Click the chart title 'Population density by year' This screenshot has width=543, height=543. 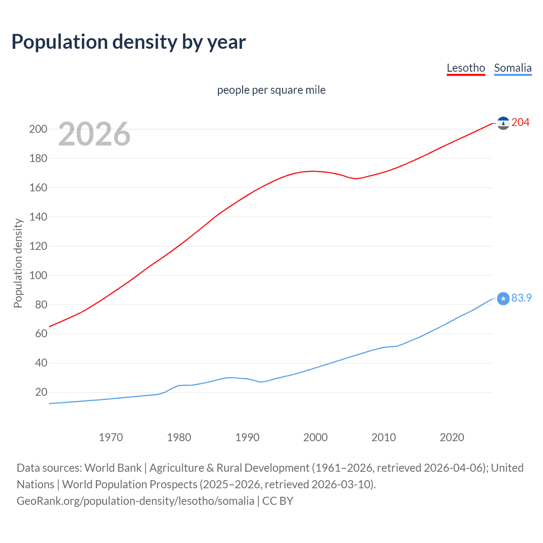[129, 42]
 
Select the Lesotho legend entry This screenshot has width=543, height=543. [466, 68]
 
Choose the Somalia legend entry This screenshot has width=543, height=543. [512, 68]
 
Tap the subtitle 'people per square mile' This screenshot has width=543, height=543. [271, 90]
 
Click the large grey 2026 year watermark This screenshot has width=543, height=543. [94, 134]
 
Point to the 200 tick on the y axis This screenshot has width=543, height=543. [38, 129]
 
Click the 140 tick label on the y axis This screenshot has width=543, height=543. [38, 217]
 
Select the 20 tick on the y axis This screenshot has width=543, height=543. [41, 392]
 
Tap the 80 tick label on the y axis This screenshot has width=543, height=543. [41, 305]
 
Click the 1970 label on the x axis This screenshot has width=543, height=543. [111, 437]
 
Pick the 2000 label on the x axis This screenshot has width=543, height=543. [315, 437]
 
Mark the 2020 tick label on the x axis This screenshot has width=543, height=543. [452, 437]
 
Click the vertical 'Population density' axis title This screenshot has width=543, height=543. [18, 263]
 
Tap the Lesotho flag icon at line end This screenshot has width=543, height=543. [503, 123]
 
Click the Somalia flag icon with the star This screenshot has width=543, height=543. [503, 299]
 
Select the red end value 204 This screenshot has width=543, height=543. [520, 123]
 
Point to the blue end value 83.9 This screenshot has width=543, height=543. [521, 298]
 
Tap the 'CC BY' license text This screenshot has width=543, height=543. [278, 501]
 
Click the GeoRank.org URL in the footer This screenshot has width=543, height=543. [135, 501]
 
